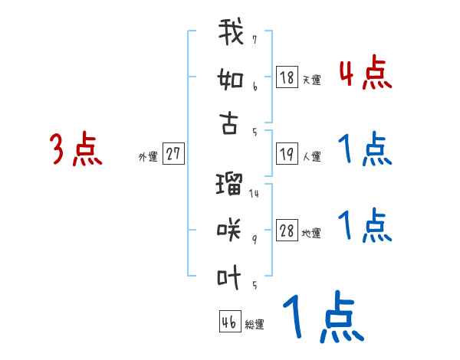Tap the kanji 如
click(231, 79)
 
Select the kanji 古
click(230, 122)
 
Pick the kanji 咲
click(230, 228)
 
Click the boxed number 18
click(287, 77)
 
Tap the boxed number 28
click(287, 231)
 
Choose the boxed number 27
click(172, 154)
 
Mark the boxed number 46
click(229, 322)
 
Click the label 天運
click(311, 80)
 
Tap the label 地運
click(311, 234)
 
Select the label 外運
click(147, 156)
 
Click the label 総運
click(255, 324)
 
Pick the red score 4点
click(364, 74)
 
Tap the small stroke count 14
click(254, 194)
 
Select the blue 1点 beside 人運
click(364, 149)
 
